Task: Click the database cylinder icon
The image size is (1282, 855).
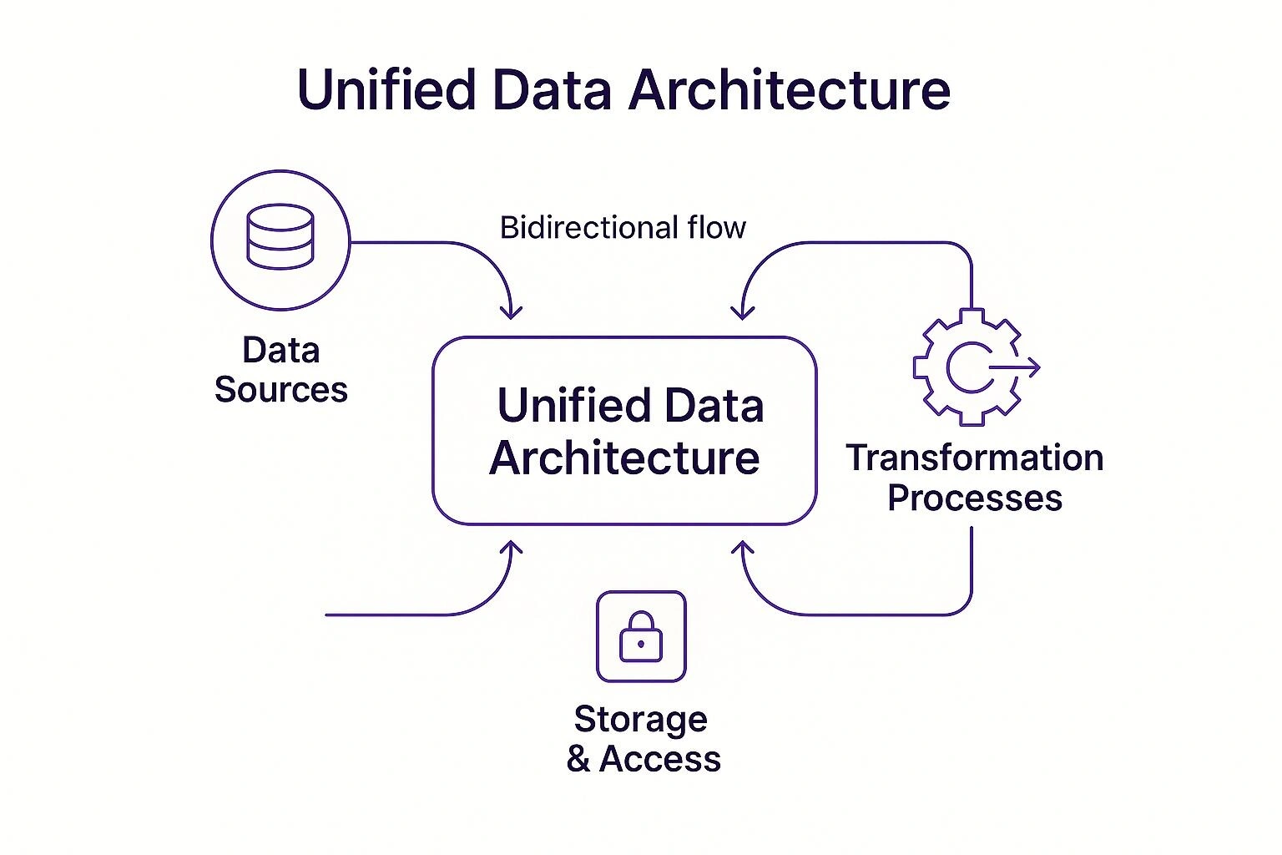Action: [x=280, y=239]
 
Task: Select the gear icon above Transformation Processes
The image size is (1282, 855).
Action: [x=967, y=367]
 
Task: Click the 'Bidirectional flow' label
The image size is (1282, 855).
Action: [x=623, y=227]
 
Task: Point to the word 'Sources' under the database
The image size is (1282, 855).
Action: [x=280, y=390]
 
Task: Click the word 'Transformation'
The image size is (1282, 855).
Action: [x=974, y=458]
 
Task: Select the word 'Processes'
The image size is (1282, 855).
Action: [x=974, y=498]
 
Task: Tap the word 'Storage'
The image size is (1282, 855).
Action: [x=640, y=719]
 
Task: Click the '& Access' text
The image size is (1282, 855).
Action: [x=643, y=759]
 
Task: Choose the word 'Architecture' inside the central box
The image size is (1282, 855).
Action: [x=624, y=458]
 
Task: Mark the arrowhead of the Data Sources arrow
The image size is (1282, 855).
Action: [x=511, y=312]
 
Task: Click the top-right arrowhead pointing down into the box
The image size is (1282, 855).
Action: [x=742, y=312]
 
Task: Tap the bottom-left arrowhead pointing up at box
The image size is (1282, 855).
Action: [x=511, y=549]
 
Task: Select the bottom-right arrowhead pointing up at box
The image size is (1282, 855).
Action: [x=742, y=549]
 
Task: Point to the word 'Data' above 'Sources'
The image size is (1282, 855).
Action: [x=280, y=351]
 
